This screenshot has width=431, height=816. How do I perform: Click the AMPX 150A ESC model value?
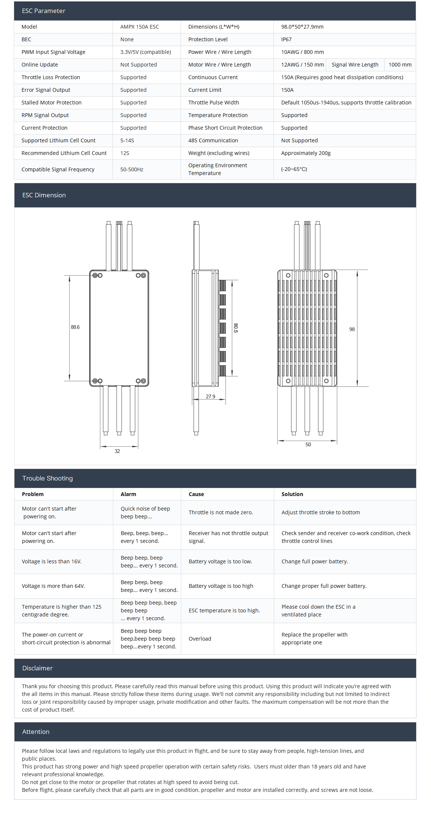pyautogui.click(x=139, y=27)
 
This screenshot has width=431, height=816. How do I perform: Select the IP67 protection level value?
pyautogui.click(x=286, y=39)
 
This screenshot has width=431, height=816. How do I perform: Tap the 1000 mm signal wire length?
pyautogui.click(x=400, y=65)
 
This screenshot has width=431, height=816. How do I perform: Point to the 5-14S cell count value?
pyautogui.click(x=127, y=140)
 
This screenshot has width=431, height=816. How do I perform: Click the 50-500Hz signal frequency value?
pyautogui.click(x=132, y=169)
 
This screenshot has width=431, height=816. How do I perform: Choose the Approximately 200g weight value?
pyautogui.click(x=305, y=153)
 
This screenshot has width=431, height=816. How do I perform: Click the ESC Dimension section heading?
pyautogui.click(x=44, y=195)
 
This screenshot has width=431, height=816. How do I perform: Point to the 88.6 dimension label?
pyautogui.click(x=75, y=327)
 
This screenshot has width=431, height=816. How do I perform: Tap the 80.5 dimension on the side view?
pyautogui.click(x=236, y=328)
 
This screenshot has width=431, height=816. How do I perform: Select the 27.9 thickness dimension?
pyautogui.click(x=210, y=396)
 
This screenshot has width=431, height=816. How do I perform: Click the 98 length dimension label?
pyautogui.click(x=352, y=329)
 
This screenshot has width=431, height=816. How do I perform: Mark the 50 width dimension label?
pyautogui.click(x=308, y=444)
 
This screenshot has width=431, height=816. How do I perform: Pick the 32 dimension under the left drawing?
pyautogui.click(x=117, y=451)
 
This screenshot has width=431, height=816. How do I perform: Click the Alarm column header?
pyautogui.click(x=128, y=494)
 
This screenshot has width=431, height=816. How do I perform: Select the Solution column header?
pyautogui.click(x=292, y=494)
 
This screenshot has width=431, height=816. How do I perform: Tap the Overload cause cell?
pyautogui.click(x=200, y=639)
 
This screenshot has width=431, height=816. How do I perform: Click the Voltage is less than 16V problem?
pyautogui.click(x=52, y=561)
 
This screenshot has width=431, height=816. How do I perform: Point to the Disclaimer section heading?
pyautogui.click(x=38, y=668)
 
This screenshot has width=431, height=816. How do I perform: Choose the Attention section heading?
pyautogui.click(x=36, y=732)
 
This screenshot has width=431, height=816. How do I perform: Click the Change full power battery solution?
pyautogui.click(x=315, y=561)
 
